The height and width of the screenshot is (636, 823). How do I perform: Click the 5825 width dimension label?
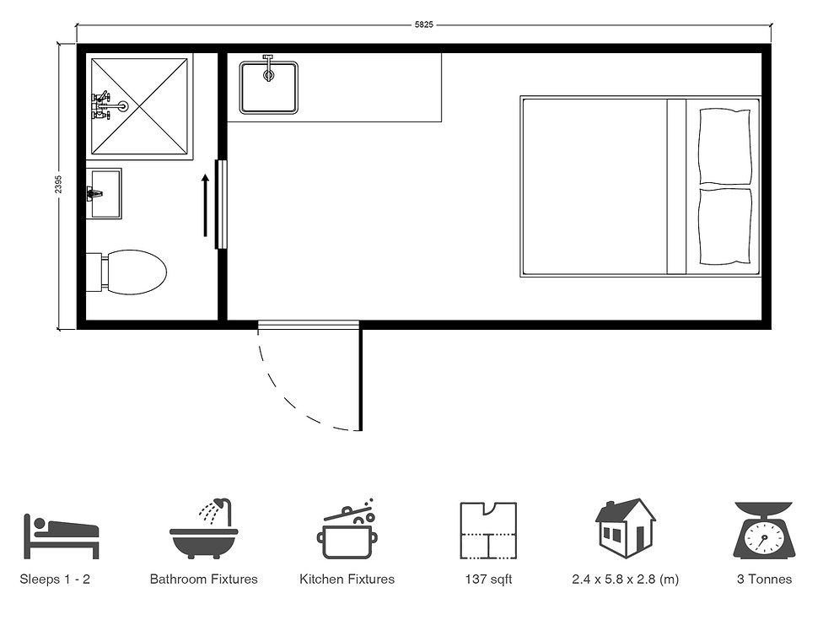pyautogui.click(x=423, y=25)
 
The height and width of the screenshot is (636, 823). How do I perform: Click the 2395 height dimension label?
pyautogui.click(x=58, y=186)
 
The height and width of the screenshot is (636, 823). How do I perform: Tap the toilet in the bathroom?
pyautogui.click(x=132, y=272)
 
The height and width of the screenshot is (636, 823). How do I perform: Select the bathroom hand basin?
pyautogui.click(x=105, y=193)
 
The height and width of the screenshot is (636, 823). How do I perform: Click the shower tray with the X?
pyautogui.click(x=140, y=106)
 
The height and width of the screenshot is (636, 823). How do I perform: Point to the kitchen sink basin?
pyautogui.click(x=268, y=87)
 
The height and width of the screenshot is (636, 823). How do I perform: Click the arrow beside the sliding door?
pyautogui.click(x=205, y=206)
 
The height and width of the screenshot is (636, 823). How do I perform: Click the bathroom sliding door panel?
pyautogui.click(x=221, y=204)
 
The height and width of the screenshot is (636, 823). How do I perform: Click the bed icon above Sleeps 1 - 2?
pyautogui.click(x=61, y=536)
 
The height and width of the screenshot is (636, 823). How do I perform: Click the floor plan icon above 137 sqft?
pyautogui.click(x=487, y=530)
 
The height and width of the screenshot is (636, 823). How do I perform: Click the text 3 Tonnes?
pyautogui.click(x=763, y=579)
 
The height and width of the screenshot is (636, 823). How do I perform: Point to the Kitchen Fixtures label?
pyautogui.click(x=347, y=579)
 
